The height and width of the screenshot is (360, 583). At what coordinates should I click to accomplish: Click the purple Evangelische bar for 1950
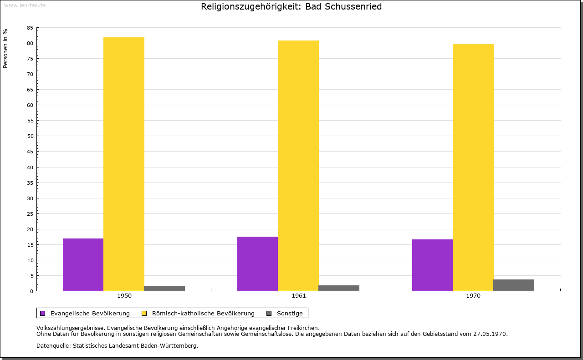click(83, 264)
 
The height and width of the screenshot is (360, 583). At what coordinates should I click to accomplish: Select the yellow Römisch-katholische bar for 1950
click(124, 164)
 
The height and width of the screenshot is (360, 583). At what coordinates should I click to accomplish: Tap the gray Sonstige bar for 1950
click(164, 289)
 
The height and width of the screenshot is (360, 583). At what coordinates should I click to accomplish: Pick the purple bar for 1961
click(257, 264)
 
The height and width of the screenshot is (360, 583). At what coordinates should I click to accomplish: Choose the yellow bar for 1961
click(298, 166)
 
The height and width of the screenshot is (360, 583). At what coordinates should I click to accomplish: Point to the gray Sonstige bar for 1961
click(339, 288)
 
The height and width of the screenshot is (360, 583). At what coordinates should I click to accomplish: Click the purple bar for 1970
click(432, 265)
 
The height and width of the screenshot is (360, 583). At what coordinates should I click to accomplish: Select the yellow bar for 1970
click(473, 167)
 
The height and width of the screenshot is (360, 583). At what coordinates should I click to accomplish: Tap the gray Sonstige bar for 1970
click(514, 285)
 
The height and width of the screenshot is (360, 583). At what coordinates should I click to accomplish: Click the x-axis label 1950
click(124, 296)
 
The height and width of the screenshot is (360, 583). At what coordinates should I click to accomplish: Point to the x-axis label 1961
click(299, 296)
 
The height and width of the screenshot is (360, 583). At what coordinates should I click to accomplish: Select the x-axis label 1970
click(473, 296)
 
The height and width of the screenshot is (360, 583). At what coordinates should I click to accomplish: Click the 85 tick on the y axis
click(30, 28)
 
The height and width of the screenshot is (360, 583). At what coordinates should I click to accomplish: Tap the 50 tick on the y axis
click(30, 136)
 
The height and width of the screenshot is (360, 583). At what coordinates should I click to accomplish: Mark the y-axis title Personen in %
click(5, 48)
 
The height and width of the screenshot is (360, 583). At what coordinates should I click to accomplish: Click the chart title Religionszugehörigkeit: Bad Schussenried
click(291, 7)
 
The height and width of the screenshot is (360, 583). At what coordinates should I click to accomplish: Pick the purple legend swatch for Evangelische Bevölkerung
click(43, 313)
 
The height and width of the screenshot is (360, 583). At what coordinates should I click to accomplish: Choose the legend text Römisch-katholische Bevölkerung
click(203, 313)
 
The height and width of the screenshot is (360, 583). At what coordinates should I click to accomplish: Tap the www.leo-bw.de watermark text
click(25, 5)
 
